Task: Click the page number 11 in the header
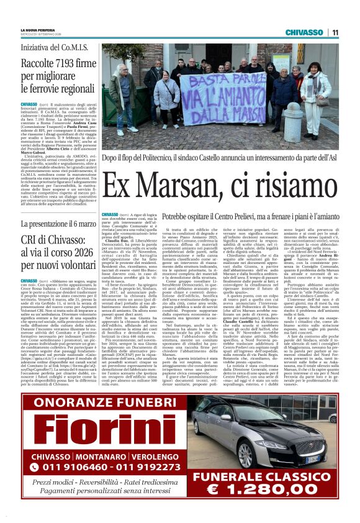point(335,32)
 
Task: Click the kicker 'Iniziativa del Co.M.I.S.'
point(55,47)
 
